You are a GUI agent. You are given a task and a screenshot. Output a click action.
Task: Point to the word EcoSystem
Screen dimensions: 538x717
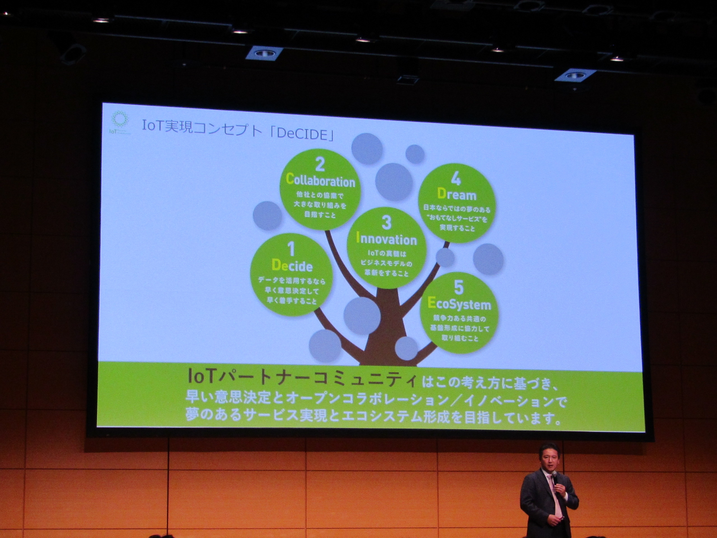(x=459, y=304)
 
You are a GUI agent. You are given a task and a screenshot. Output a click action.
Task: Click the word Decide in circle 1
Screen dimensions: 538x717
(x=292, y=266)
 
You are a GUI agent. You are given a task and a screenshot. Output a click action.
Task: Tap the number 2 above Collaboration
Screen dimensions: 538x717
(x=320, y=164)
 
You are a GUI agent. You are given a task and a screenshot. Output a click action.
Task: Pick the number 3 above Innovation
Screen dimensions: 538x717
(x=387, y=222)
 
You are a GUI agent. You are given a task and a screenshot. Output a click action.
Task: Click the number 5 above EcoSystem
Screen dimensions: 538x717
(x=459, y=287)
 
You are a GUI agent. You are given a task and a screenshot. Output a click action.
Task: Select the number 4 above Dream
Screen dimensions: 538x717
(x=456, y=179)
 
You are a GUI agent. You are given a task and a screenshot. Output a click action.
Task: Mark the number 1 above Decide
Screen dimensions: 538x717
(x=291, y=249)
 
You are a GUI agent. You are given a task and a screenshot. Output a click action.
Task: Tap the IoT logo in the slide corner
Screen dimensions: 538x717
(x=120, y=122)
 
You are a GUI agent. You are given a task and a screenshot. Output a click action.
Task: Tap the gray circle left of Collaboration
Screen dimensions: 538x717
(x=267, y=216)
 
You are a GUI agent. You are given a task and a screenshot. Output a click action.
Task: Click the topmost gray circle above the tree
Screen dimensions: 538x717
(x=367, y=149)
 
